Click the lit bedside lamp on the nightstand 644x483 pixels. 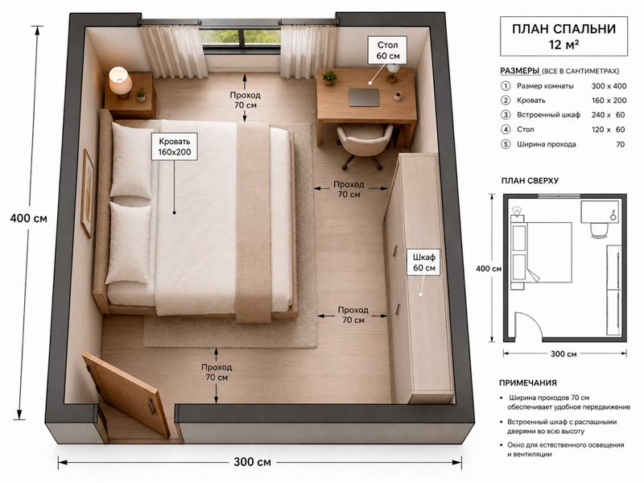(120, 82)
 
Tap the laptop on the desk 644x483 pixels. (364, 97)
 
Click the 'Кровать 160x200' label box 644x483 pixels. (174, 147)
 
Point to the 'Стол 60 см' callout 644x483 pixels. (388, 50)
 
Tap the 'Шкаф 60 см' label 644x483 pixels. (424, 262)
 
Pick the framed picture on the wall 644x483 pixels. (87, 193)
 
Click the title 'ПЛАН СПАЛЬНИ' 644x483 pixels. (563, 29)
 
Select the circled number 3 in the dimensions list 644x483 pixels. (506, 115)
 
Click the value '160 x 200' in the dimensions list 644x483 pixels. (609, 100)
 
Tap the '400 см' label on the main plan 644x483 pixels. (29, 218)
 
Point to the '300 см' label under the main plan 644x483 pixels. (252, 461)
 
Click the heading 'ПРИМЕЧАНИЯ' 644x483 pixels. (528, 383)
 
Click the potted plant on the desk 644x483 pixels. (329, 77)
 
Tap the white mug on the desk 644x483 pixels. (397, 96)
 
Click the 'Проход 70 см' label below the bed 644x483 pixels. (217, 372)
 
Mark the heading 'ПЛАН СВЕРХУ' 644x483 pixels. (530, 180)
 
